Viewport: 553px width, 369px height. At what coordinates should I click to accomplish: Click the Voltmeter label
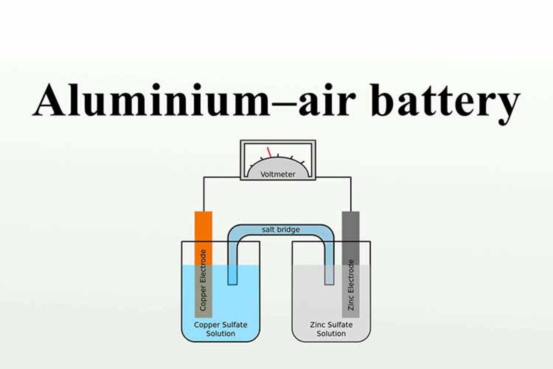click(x=278, y=174)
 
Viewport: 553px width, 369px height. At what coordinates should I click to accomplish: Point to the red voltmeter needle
click(x=269, y=152)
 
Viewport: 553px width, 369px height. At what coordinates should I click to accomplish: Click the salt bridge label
click(x=281, y=229)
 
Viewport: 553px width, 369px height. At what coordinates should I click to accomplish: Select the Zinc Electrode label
click(x=351, y=285)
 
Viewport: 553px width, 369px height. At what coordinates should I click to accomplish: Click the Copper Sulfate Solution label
click(x=221, y=329)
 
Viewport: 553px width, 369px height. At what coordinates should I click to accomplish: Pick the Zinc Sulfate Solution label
click(x=331, y=329)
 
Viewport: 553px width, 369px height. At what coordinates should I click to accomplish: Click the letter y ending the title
click(x=505, y=107)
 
